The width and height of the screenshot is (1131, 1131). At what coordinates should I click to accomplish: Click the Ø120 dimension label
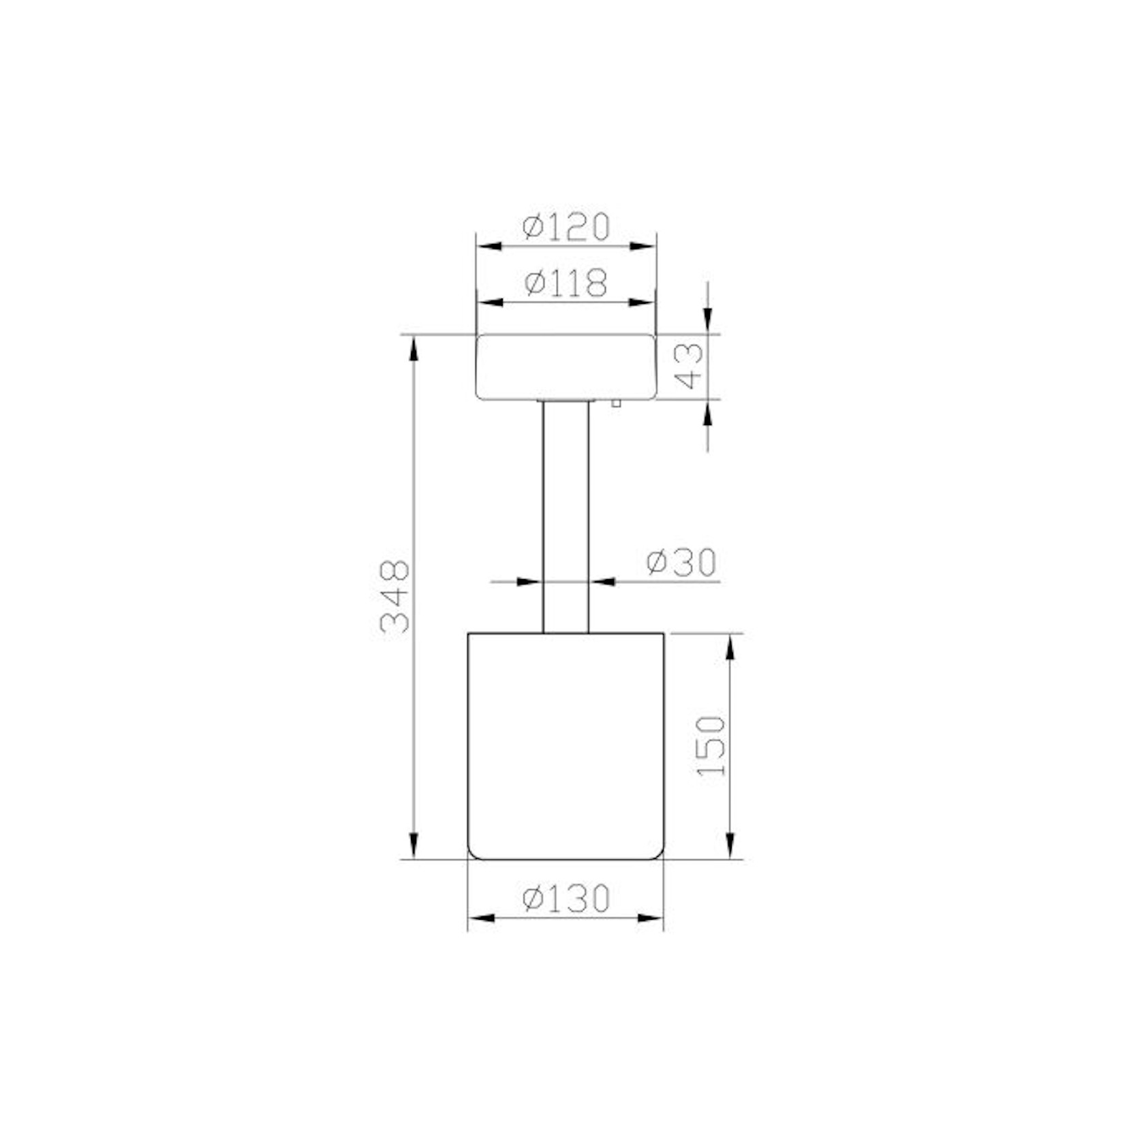point(565,227)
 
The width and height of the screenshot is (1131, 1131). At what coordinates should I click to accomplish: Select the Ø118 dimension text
point(565,283)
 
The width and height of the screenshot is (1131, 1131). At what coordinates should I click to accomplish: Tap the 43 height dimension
point(689,366)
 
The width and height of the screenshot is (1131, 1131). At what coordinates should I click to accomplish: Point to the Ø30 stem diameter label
point(681,562)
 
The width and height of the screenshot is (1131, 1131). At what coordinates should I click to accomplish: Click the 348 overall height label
point(395,598)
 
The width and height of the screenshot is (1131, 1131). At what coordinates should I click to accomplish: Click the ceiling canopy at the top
point(565,367)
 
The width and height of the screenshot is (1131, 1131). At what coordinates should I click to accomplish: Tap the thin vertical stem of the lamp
point(565,516)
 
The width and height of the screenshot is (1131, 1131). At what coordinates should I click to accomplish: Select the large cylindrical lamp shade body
point(565,746)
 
